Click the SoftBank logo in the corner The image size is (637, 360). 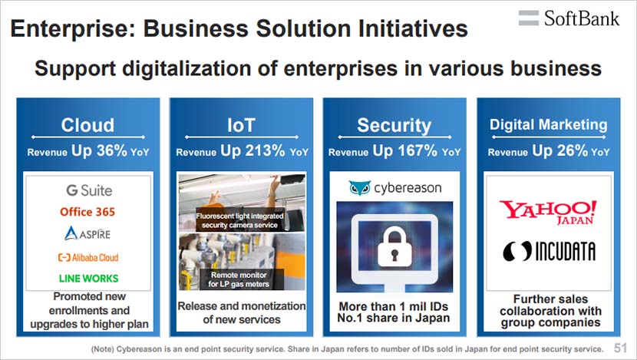point(569,18)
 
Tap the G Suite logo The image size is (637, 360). point(89,190)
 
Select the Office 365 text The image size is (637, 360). point(87,212)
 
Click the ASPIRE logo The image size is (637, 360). point(87,233)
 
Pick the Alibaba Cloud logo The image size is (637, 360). point(88,257)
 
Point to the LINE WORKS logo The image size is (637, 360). point(88,279)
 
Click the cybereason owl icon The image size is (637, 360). point(359,188)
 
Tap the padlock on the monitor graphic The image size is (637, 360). point(394,247)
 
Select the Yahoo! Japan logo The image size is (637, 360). point(548,212)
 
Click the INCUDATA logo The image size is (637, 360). point(549,251)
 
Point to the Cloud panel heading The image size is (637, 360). point(87,125)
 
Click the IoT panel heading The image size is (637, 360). point(241,125)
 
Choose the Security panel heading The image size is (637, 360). point(394,126)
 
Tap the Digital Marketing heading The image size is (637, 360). point(549,125)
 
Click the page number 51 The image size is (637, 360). point(620,348)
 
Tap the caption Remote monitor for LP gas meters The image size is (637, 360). point(239,279)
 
